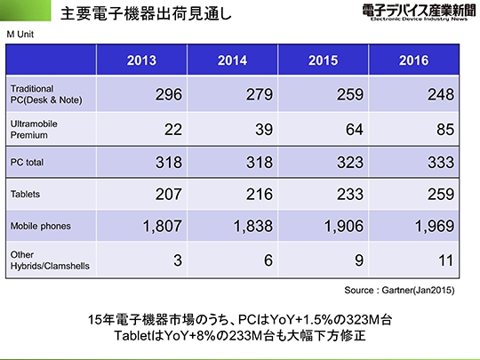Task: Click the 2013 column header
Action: [x=141, y=60]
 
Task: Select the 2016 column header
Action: [x=413, y=60]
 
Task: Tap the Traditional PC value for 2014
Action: [x=260, y=94]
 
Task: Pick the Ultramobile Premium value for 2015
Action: [x=355, y=129]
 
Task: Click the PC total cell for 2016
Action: [x=441, y=162]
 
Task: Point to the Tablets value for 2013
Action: [x=169, y=194]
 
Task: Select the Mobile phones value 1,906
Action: [x=344, y=227]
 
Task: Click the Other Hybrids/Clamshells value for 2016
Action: [x=445, y=260]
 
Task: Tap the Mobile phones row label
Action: [x=40, y=227]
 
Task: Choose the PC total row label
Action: [x=27, y=163]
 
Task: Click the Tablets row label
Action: [x=25, y=194]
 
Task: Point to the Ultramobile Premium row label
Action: [x=34, y=130]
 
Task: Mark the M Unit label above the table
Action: [x=20, y=35]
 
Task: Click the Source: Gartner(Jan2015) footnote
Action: [x=399, y=290]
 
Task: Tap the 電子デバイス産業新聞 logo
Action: [x=419, y=12]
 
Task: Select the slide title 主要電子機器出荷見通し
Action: [x=146, y=13]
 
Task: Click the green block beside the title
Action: [x=26, y=11]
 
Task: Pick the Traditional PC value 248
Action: [x=441, y=94]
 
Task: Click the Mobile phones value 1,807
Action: [x=163, y=227]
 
